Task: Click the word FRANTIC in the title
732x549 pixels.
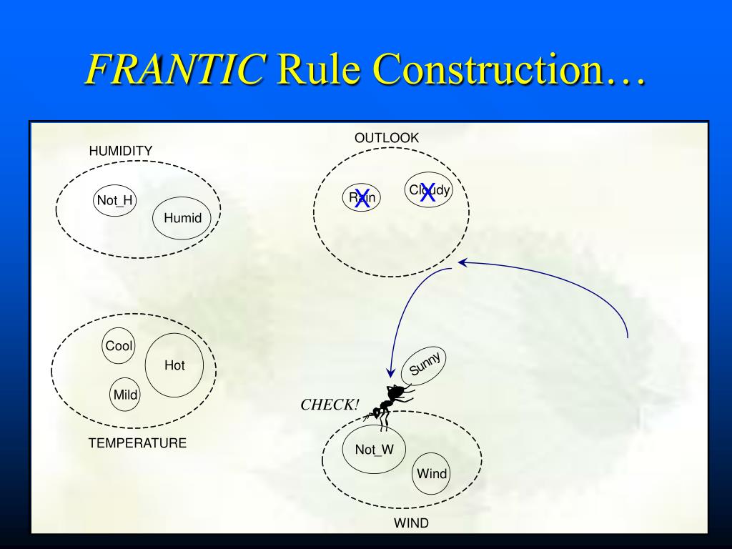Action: tap(174, 69)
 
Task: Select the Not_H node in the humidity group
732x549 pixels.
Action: tap(115, 200)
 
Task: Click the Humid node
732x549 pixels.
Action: tap(183, 218)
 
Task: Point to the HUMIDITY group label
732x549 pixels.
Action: tap(121, 151)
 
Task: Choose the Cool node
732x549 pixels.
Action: tap(119, 346)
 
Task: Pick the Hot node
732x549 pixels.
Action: tap(174, 365)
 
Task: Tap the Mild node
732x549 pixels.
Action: tap(126, 395)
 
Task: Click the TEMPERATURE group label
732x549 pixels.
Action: tap(137, 443)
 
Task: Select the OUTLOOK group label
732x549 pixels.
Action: tap(387, 138)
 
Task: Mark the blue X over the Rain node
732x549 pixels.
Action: tap(362, 198)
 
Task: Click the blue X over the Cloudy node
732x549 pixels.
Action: tap(427, 192)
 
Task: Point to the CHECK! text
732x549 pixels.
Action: tap(330, 405)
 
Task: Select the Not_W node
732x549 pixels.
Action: tap(374, 449)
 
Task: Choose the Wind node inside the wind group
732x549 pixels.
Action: tap(432, 473)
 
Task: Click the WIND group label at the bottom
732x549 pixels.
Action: tap(411, 523)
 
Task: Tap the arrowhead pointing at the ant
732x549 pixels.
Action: tap(390, 372)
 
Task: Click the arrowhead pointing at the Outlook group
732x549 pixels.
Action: tap(463, 262)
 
